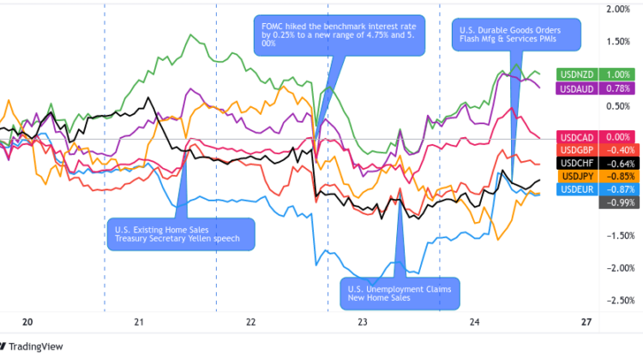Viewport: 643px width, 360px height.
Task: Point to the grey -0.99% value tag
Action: tap(616, 201)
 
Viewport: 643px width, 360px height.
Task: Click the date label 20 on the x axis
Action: tap(27, 322)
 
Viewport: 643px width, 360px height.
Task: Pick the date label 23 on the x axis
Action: tap(363, 322)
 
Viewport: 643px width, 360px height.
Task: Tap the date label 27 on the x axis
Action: tap(586, 322)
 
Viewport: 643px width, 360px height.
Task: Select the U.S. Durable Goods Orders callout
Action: tap(517, 35)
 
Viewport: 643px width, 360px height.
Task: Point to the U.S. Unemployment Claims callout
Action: tap(399, 292)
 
